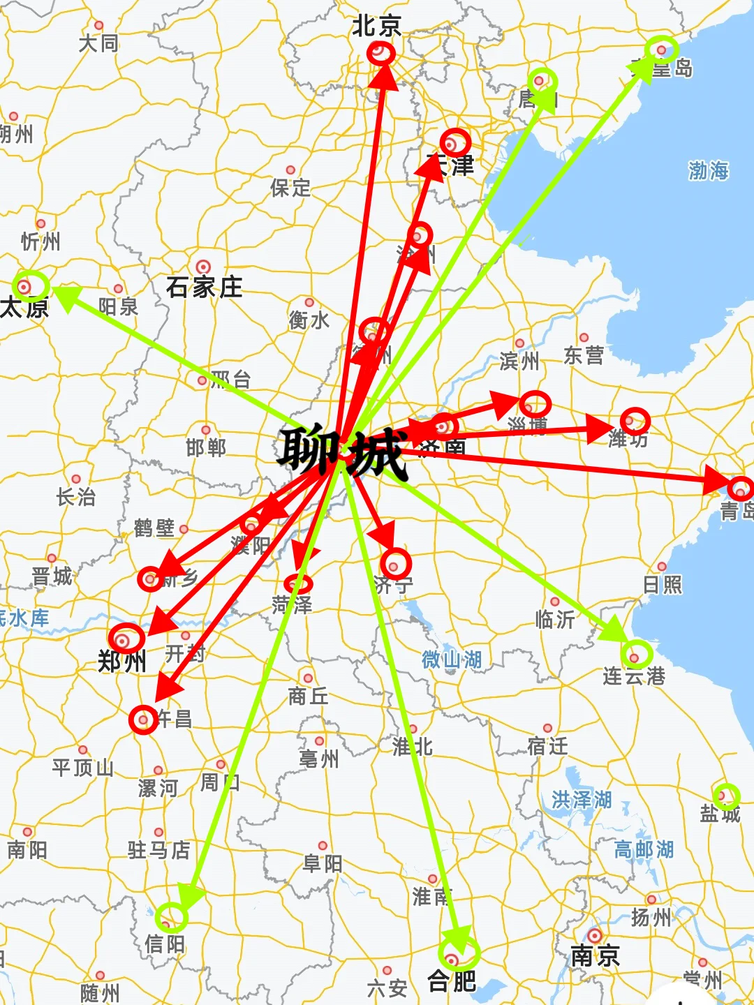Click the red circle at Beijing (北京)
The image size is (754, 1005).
(380, 53)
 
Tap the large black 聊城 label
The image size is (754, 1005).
(342, 454)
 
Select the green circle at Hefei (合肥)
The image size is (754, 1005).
(459, 953)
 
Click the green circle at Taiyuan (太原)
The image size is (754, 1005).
(31, 286)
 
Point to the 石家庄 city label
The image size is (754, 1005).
(204, 287)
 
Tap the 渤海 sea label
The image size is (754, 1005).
(708, 170)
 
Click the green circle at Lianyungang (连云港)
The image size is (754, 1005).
(637, 654)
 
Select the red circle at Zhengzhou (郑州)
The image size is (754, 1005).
(126, 638)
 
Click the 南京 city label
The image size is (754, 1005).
(595, 955)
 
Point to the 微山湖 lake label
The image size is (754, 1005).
(452, 660)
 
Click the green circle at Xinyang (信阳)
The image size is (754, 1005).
(171, 917)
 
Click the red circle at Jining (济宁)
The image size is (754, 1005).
(395, 564)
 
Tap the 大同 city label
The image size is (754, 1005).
(98, 43)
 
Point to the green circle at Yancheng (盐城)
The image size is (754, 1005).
(726, 796)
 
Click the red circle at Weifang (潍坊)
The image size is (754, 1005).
(635, 422)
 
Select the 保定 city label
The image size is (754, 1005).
(290, 187)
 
